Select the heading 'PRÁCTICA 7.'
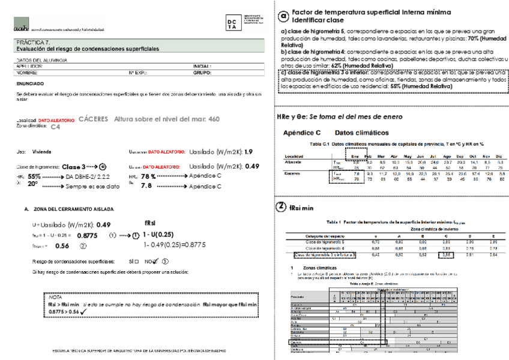[x=31, y=43]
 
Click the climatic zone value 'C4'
[x=55, y=127]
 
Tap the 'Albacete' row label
[x=295, y=161]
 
